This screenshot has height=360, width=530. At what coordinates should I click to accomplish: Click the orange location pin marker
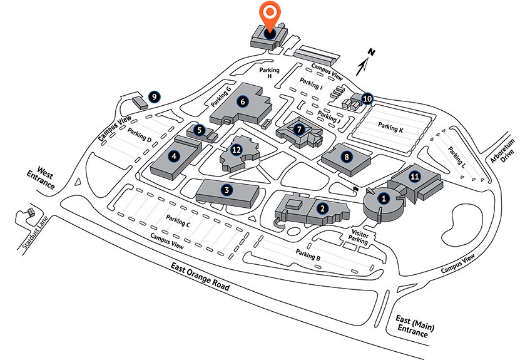coord(270,14)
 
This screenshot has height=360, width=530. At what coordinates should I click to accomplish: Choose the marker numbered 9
coord(153,97)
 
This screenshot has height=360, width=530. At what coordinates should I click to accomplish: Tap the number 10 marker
coord(367,98)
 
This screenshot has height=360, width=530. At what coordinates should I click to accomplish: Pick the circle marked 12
coord(236,150)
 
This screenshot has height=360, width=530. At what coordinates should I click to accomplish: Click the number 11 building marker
coord(414,177)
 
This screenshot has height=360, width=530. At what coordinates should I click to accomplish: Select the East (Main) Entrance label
coord(415,326)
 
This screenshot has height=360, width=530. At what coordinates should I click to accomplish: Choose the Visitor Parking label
coord(357,237)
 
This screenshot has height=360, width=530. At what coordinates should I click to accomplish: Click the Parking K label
coord(390,128)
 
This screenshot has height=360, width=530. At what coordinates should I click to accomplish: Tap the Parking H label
coord(269,73)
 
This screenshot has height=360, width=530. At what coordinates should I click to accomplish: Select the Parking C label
coord(178,220)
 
